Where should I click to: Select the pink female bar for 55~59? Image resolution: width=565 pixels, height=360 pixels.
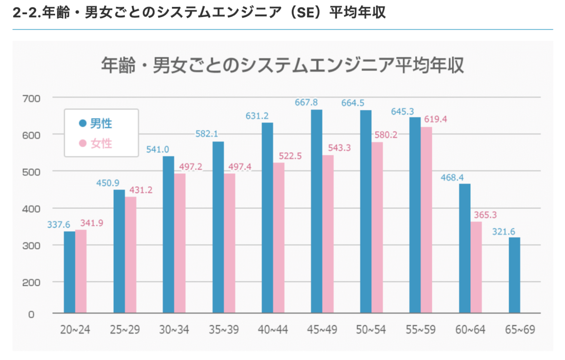pyautogui.click(x=427, y=220)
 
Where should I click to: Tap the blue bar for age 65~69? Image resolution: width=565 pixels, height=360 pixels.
pyautogui.click(x=514, y=275)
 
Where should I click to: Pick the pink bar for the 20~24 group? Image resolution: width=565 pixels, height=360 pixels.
pyautogui.click(x=81, y=271)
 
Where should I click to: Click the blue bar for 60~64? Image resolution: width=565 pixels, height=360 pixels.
pyautogui.click(x=465, y=248)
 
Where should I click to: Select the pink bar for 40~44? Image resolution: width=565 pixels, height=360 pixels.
pyautogui.click(x=279, y=237)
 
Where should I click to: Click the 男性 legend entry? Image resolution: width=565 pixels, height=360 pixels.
pyautogui.click(x=96, y=124)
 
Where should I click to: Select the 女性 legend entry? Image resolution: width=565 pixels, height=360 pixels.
pyautogui.click(x=96, y=143)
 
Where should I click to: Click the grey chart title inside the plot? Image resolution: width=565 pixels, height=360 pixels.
pyautogui.click(x=282, y=65)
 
